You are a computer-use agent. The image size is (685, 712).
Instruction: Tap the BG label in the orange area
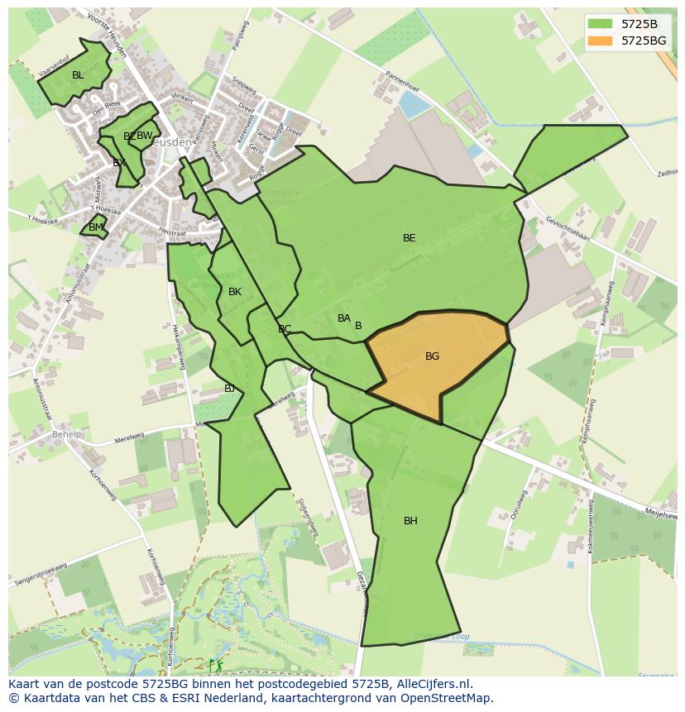pos(432,356)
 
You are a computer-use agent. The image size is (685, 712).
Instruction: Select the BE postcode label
pos(409,238)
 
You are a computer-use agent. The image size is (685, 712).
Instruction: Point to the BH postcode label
pos(410,521)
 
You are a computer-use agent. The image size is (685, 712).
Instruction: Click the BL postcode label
pos(78,75)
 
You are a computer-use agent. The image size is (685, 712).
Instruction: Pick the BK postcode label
pos(235,292)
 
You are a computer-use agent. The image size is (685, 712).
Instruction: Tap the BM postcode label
pos(96,227)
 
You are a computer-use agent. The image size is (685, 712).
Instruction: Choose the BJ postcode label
pos(229,389)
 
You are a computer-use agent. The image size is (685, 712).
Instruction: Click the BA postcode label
pos(344,318)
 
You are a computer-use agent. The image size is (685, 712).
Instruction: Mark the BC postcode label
pos(285,329)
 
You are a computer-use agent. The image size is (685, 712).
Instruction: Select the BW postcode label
pos(145,136)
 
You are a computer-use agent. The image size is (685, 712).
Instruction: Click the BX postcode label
pos(119,163)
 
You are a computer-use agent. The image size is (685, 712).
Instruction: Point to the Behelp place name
pos(67,434)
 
